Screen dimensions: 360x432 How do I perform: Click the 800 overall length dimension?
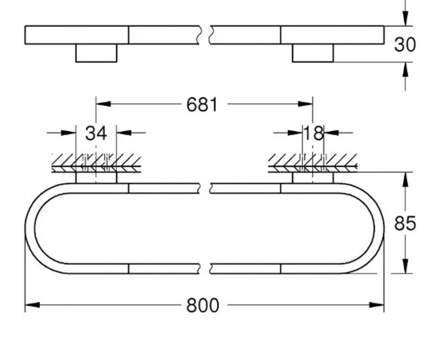click(203, 305)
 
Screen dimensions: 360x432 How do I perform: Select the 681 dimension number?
click(202, 104)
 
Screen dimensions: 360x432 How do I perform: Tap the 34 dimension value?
click(95, 133)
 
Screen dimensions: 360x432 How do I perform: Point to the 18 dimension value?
click(313, 133)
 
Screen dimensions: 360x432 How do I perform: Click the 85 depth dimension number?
click(405, 223)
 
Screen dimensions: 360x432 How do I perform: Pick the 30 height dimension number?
click(405, 44)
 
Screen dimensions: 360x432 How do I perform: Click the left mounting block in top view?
click(96, 53)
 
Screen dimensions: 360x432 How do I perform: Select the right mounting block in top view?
click(313, 53)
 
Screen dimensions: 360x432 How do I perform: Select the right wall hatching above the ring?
click(313, 162)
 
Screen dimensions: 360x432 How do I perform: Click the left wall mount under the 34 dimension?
click(96, 177)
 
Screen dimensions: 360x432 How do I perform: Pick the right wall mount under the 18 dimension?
click(313, 177)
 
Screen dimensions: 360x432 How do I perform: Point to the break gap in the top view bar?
click(205, 34)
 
